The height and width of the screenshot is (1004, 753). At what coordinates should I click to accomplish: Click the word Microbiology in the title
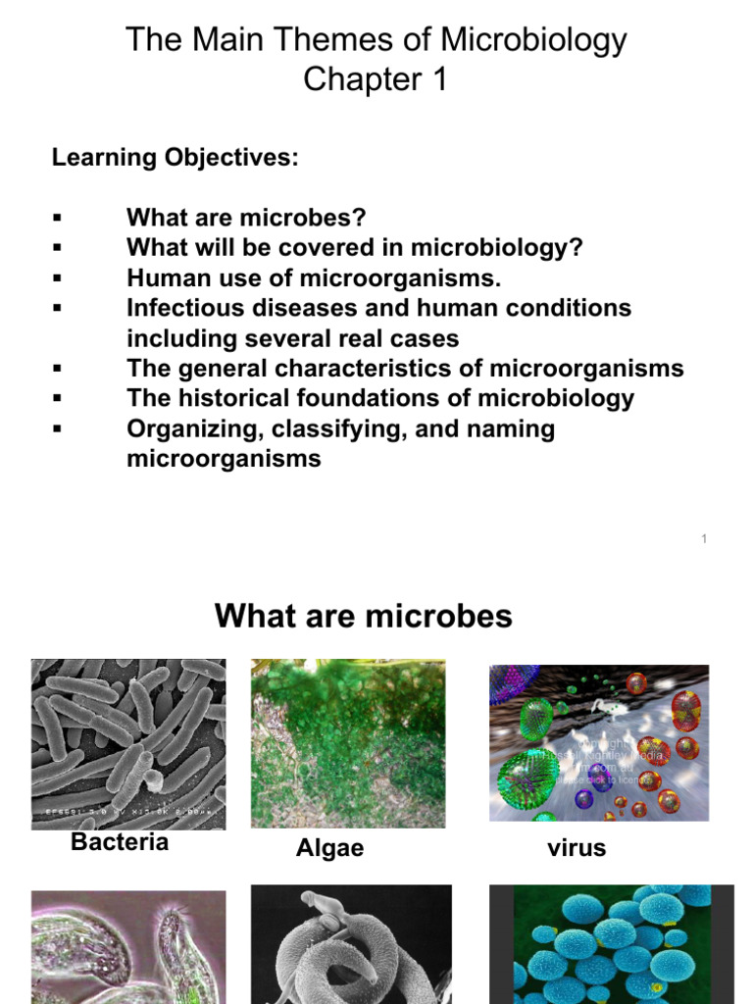pyautogui.click(x=533, y=40)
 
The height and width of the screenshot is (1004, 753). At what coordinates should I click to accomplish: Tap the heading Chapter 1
pyautogui.click(x=376, y=79)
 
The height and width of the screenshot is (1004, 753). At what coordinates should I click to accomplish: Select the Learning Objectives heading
pyautogui.click(x=175, y=157)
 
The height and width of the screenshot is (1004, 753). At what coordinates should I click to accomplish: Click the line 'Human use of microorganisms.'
pyautogui.click(x=314, y=277)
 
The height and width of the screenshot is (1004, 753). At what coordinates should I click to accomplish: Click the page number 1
pyautogui.click(x=704, y=538)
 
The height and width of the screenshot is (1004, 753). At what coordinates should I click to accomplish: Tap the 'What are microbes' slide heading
pyautogui.click(x=364, y=616)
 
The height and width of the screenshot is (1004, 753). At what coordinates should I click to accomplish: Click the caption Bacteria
pyautogui.click(x=120, y=842)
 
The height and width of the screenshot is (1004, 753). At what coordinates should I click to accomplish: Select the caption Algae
pyautogui.click(x=329, y=849)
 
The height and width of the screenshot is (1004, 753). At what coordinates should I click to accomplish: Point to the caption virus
pyautogui.click(x=577, y=848)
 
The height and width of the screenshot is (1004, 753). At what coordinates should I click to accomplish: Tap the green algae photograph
pyautogui.click(x=348, y=742)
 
